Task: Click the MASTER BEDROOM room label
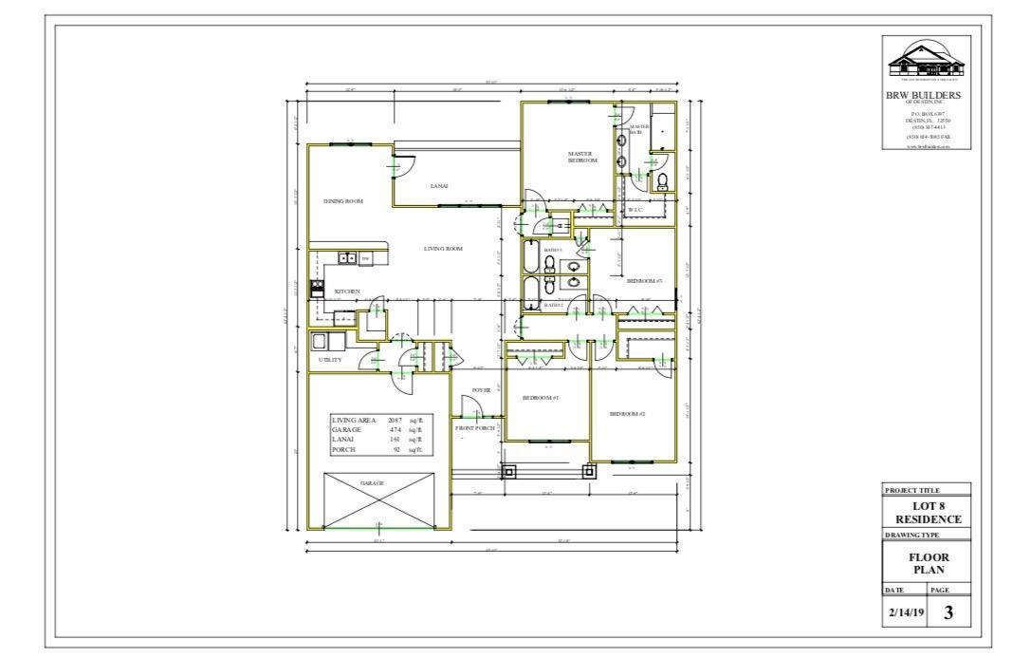(x=581, y=157)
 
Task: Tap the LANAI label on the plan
(x=438, y=186)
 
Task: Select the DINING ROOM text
(x=343, y=201)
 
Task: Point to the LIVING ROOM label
(x=443, y=249)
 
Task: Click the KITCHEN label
(x=347, y=291)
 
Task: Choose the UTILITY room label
(x=330, y=360)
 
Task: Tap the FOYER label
(x=481, y=389)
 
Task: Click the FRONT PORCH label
(x=475, y=429)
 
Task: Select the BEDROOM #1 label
(x=541, y=398)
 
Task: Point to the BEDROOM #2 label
(x=627, y=414)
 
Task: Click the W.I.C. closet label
(x=635, y=209)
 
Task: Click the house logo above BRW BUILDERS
(x=926, y=64)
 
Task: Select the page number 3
(x=948, y=613)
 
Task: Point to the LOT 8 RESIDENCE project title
(x=929, y=513)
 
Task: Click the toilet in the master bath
(x=663, y=180)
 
